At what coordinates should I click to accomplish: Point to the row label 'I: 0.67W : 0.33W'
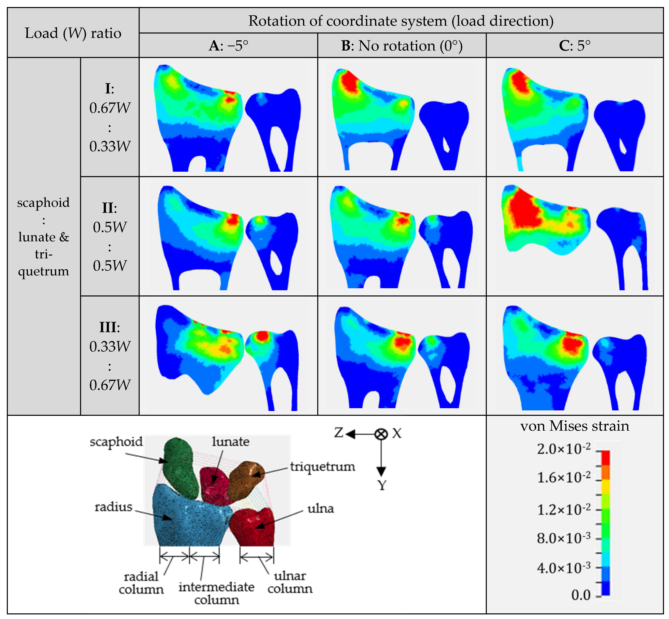(x=110, y=117)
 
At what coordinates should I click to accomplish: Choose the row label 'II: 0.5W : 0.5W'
(x=110, y=236)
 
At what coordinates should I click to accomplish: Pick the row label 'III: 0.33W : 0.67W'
(x=110, y=356)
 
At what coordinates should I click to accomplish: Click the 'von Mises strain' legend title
(x=574, y=426)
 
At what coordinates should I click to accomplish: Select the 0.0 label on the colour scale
(x=581, y=595)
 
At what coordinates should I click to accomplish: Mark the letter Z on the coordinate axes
(x=339, y=433)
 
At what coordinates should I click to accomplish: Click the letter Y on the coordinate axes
(x=382, y=485)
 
